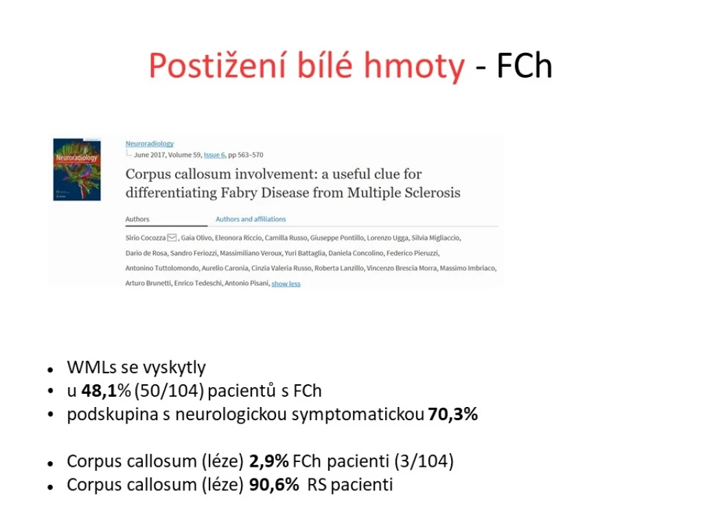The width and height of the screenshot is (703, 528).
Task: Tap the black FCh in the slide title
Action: pyautogui.click(x=524, y=66)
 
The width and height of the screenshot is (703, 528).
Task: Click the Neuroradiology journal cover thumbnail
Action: pyautogui.click(x=77, y=169)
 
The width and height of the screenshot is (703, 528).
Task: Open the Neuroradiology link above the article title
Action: pyautogui.click(x=149, y=143)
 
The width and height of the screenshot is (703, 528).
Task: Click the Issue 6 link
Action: pyautogui.click(x=214, y=155)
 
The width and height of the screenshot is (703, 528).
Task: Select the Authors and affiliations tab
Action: pyautogui.click(x=251, y=219)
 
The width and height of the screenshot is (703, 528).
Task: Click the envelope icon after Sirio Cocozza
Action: pyautogui.click(x=172, y=237)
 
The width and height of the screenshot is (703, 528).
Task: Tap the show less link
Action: pyautogui.click(x=286, y=283)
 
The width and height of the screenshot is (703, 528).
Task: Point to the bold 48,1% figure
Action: pyautogui.click(x=106, y=391)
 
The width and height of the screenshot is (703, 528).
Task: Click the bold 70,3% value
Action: pyautogui.click(x=453, y=414)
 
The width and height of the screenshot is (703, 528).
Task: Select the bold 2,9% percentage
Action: pyautogui.click(x=269, y=461)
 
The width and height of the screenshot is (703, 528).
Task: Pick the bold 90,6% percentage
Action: pyautogui.click(x=274, y=485)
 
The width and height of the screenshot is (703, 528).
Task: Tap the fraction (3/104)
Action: pyautogui.click(x=424, y=461)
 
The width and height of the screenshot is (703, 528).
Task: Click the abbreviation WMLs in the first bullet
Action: pyautogui.click(x=92, y=367)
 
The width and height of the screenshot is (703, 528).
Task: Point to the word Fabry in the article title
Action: pyautogui.click(x=240, y=192)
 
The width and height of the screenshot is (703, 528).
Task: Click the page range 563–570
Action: pyautogui.click(x=251, y=155)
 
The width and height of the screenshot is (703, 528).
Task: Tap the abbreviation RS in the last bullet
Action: pyautogui.click(x=317, y=485)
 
